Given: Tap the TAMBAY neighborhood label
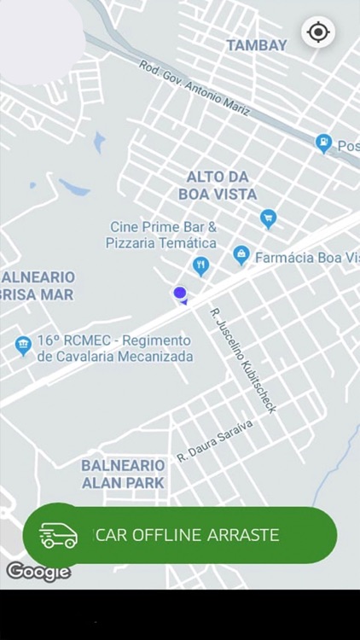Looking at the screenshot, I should (256, 45).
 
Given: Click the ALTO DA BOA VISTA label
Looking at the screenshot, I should (218, 185).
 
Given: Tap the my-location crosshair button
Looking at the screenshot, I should (318, 32).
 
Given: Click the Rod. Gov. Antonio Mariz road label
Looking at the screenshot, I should (195, 88).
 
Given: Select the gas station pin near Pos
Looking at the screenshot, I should (323, 143).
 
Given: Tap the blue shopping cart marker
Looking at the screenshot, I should (269, 218).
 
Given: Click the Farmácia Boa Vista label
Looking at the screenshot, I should (307, 257).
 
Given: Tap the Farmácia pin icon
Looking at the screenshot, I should (241, 254).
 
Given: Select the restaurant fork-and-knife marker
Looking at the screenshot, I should (200, 265).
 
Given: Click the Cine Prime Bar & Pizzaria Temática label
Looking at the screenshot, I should (162, 235).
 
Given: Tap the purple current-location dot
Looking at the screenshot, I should (180, 294).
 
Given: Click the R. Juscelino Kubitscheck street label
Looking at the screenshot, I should (243, 360).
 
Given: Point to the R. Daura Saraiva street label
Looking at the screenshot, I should (215, 440).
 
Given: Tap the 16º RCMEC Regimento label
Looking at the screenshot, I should (114, 348).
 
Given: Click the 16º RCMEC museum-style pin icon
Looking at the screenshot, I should (23, 345).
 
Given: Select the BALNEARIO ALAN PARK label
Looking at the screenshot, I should (123, 474).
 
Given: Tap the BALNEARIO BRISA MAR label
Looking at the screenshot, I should (38, 286).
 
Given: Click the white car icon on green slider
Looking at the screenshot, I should (58, 535).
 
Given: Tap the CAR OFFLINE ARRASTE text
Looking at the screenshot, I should (187, 535).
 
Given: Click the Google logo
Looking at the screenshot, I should (38, 571).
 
